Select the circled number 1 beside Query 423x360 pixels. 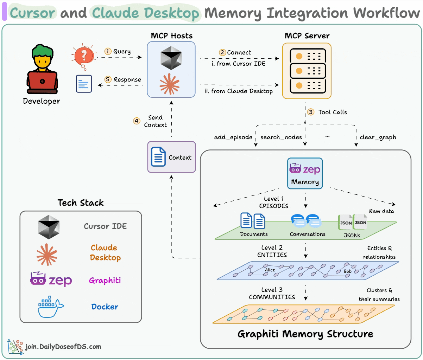click(x=108, y=51)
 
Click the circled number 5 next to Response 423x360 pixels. click(x=108, y=79)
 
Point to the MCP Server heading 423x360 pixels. click(x=307, y=36)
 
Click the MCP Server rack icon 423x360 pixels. click(x=307, y=71)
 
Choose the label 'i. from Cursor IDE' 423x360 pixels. click(x=239, y=64)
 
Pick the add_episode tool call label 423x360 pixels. click(x=233, y=137)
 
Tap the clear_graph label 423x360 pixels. click(x=378, y=137)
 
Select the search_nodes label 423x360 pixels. click(x=281, y=137)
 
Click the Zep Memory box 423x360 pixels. click(x=305, y=173)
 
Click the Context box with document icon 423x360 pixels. click(x=171, y=157)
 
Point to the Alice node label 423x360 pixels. click(x=270, y=270)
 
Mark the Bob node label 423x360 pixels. click(x=348, y=271)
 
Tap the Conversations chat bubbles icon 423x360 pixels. click(x=305, y=221)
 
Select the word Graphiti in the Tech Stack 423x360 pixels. click(x=105, y=281)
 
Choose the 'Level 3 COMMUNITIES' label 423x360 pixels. click(x=272, y=293)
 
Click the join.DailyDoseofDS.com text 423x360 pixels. click(x=63, y=347)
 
